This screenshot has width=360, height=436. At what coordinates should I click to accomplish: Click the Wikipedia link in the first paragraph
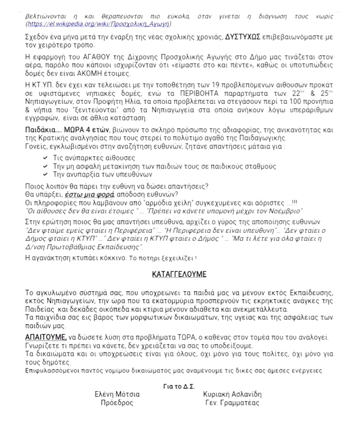point(100,24)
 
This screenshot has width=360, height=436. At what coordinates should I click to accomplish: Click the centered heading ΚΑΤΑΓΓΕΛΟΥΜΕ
point(179,274)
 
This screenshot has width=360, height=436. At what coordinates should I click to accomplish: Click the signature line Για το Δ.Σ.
point(179,386)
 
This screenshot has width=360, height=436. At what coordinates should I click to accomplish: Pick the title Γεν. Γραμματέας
point(232,403)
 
